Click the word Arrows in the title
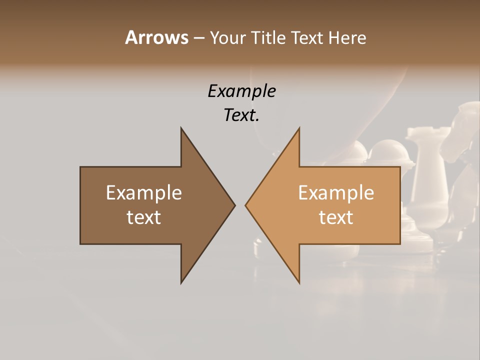156,37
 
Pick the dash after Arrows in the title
198,38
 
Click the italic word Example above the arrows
242,91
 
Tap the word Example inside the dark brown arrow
144,192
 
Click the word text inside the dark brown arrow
144,217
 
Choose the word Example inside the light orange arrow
336,192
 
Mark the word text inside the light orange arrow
336,217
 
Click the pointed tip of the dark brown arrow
234,205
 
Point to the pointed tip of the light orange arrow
246,205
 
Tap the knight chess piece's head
462,125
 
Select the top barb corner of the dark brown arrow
181,128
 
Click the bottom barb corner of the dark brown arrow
181,282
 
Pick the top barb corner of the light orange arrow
299,128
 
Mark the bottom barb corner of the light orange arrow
299,282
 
